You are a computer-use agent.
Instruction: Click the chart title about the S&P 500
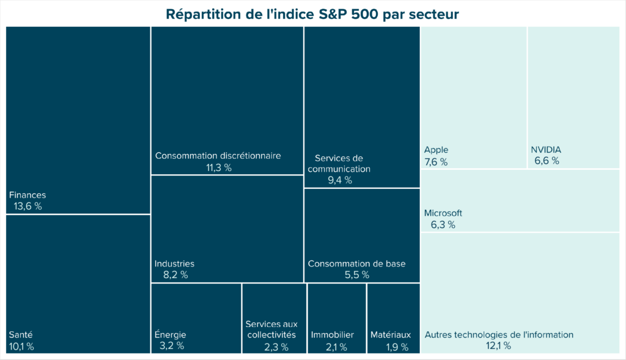tap(312, 13)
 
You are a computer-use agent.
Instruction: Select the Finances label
tap(28, 195)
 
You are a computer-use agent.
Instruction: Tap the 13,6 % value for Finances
tap(28, 207)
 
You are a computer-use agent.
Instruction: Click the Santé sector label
tap(21, 335)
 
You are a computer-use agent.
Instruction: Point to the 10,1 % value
tap(21, 347)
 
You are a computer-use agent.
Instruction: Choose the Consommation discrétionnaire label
tap(218, 156)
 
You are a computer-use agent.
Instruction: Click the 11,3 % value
tap(219, 168)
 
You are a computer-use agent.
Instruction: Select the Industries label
tap(174, 263)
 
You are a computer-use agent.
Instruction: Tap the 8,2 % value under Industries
tap(175, 275)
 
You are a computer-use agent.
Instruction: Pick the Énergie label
tap(170, 335)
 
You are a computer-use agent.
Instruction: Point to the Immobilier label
tap(332, 335)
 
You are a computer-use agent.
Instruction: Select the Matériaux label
tap(391, 335)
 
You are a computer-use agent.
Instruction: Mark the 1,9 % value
tap(391, 347)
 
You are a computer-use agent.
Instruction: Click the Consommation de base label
tap(356, 263)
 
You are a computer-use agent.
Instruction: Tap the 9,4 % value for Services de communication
tap(339, 180)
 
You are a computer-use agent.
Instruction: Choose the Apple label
tap(436, 150)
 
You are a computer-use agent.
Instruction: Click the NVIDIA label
tap(545, 150)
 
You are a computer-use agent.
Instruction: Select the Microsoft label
tap(443, 213)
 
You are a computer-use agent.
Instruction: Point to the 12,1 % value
tap(499, 346)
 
